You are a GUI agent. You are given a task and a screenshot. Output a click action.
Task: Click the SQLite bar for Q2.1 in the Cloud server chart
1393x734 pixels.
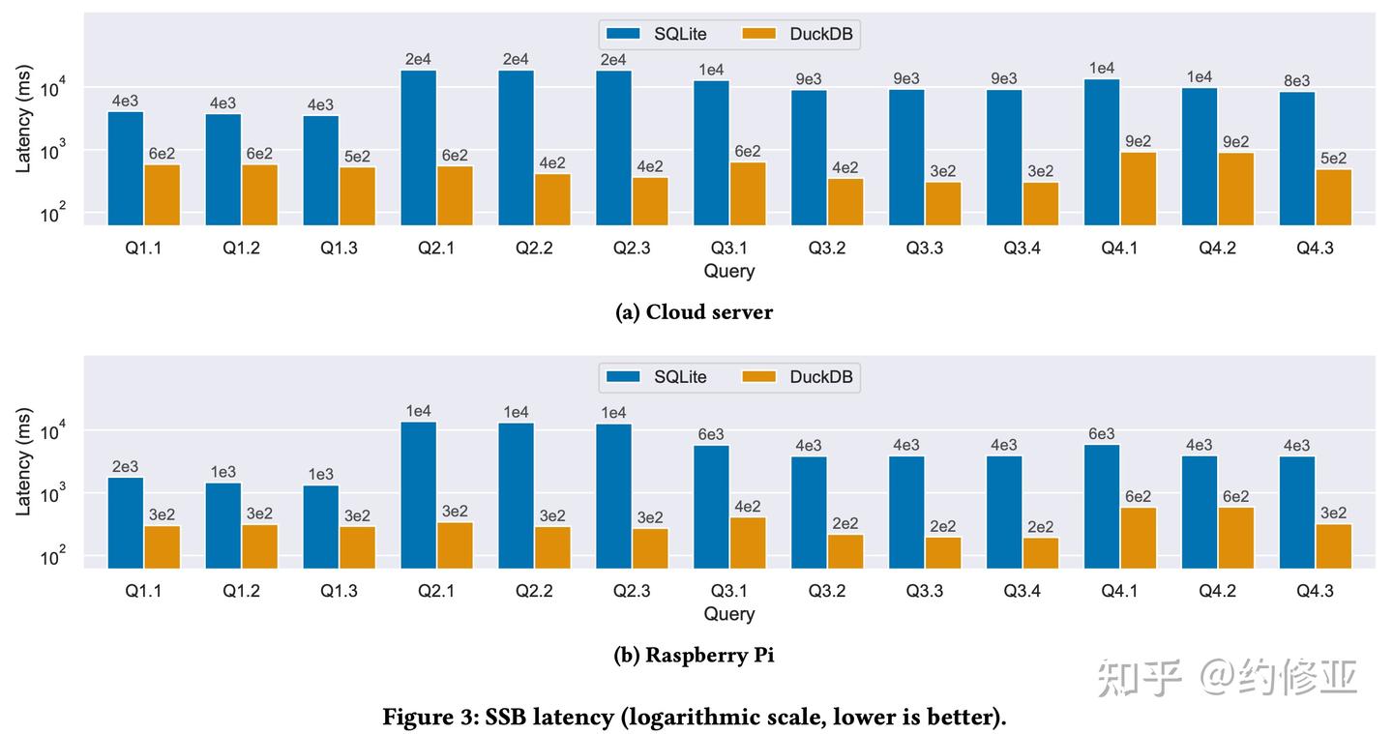(418, 147)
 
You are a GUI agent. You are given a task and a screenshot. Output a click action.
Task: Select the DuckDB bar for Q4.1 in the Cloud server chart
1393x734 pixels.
(1139, 188)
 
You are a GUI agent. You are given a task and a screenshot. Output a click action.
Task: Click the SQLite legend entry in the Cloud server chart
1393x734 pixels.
(656, 34)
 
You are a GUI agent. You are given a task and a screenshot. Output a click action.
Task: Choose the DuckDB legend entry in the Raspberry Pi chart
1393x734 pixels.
(800, 377)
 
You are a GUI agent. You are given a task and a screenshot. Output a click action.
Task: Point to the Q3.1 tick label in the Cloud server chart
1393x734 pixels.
(728, 248)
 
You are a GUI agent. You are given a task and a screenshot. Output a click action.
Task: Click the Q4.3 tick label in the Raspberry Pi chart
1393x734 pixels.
(1314, 590)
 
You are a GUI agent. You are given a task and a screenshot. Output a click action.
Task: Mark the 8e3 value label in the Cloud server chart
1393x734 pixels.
(1295, 81)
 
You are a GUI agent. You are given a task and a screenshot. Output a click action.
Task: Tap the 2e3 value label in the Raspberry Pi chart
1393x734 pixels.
(126, 467)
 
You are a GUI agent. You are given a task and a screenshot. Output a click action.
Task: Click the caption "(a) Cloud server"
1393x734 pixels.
(695, 311)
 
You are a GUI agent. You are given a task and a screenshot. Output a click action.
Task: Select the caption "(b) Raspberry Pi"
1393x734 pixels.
(695, 655)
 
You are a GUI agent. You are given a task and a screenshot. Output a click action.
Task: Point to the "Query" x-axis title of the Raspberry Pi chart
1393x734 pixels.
(728, 613)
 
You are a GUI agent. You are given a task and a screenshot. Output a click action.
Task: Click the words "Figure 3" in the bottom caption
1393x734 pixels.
(423, 717)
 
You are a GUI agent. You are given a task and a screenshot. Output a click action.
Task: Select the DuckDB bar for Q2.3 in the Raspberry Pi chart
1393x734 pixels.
(650, 547)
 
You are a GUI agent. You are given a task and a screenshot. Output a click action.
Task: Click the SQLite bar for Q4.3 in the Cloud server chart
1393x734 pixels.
(1295, 158)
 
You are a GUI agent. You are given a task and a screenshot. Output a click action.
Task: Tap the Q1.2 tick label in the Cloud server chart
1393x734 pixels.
(241, 248)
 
